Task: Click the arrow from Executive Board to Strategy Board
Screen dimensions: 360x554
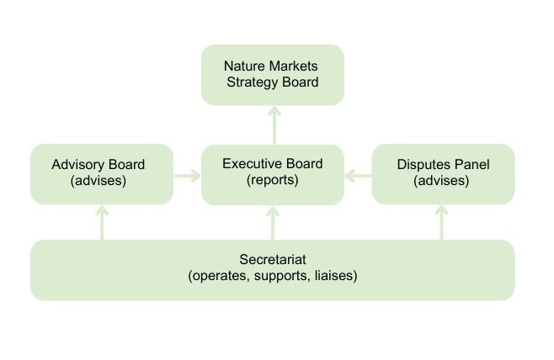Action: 273,124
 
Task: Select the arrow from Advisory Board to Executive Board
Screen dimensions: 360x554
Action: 187,176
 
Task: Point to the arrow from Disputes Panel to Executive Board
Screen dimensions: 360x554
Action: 358,176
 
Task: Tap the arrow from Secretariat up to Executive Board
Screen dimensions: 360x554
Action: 273,223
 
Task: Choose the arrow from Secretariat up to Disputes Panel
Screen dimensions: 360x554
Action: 442,223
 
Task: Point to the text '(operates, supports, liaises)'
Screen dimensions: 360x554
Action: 272,276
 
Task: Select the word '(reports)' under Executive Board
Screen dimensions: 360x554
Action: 272,180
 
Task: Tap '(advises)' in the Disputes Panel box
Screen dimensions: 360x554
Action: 442,180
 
